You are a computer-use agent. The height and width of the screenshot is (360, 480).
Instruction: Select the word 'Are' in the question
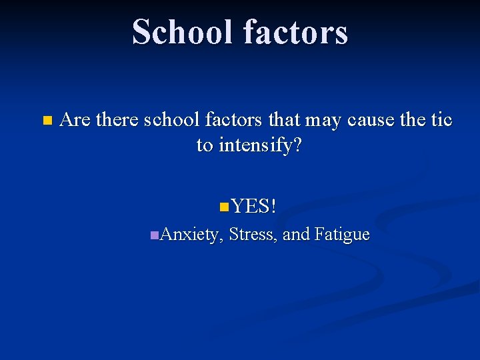75,120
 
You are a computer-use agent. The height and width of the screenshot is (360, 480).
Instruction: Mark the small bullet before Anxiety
154,235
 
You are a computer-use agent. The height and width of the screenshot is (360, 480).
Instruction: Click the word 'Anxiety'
191,235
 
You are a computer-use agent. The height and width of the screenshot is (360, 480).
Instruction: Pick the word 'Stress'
254,235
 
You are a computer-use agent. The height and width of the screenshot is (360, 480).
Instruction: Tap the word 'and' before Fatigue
296,235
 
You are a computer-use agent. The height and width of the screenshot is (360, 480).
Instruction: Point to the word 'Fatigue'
341,235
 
